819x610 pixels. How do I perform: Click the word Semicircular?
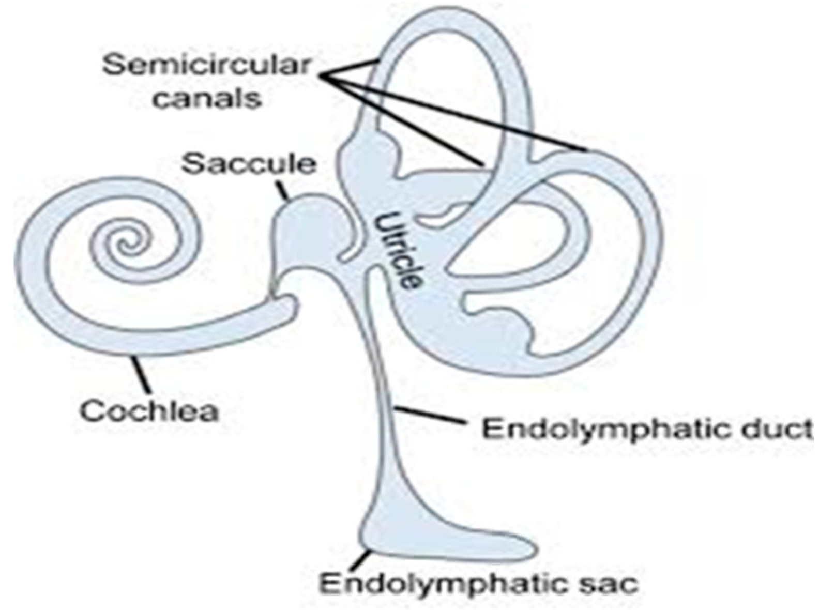[x=206, y=66]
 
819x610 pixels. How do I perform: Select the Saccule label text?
[x=249, y=164]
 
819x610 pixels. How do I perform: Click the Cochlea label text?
[x=149, y=411]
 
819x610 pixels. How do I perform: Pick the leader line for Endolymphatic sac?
[x=364, y=558]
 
